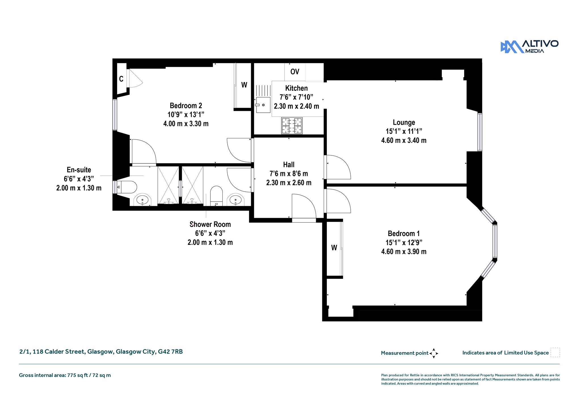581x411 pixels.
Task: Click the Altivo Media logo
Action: coord(529,47)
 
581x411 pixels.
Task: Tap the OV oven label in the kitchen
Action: coord(295,72)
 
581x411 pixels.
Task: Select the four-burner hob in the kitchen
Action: coord(292,126)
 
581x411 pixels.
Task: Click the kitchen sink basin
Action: coord(263,105)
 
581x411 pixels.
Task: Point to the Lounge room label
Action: coord(404,122)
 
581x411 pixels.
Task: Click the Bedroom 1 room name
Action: coord(404,233)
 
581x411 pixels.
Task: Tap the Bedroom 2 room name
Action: coord(186,106)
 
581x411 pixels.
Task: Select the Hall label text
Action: coord(289,164)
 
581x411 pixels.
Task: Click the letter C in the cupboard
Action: coord(121,79)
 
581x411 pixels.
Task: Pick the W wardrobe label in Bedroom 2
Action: coord(244,85)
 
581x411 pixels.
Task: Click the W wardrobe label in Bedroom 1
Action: coord(334,248)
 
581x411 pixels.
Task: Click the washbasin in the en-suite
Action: coord(142,200)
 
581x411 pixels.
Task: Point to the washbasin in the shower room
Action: coord(235,200)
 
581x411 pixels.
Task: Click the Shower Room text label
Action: coord(210,224)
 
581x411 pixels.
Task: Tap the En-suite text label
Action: coord(79,170)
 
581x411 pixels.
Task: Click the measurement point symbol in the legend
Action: coord(434,353)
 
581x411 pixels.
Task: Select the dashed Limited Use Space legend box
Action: coord(555,352)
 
